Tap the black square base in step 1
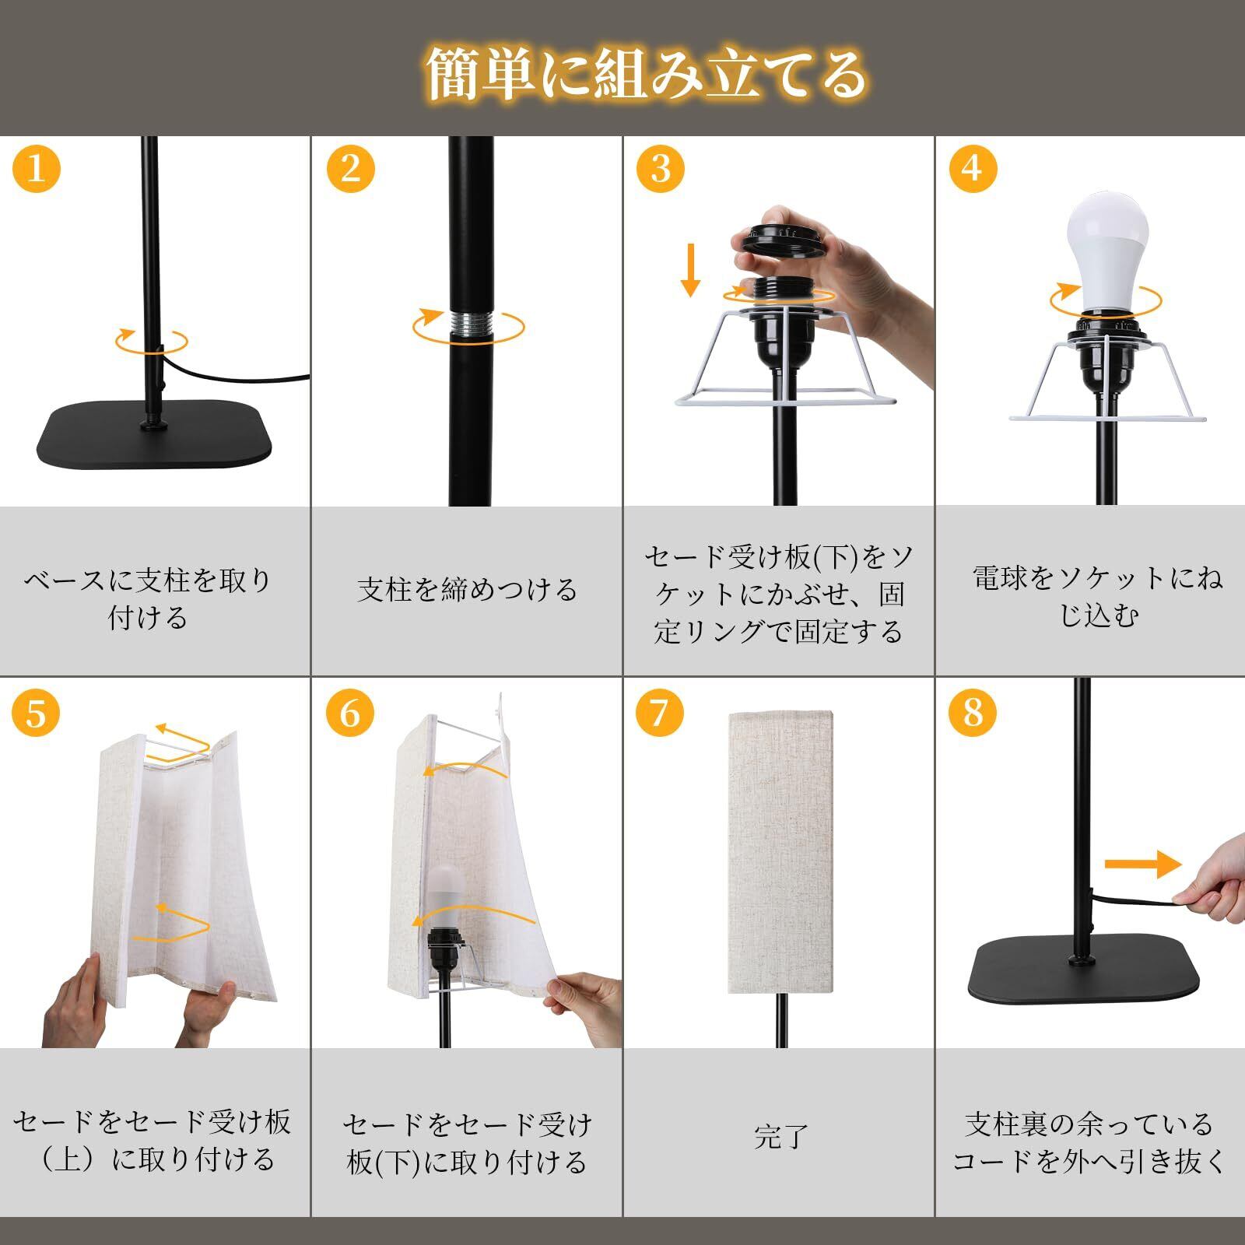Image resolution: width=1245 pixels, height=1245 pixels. (154, 435)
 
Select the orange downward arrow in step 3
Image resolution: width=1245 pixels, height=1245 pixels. (690, 268)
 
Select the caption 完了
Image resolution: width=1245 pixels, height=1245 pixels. (781, 1137)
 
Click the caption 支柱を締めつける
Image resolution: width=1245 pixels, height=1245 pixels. (468, 590)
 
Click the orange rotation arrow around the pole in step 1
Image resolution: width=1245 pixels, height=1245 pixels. (152, 341)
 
